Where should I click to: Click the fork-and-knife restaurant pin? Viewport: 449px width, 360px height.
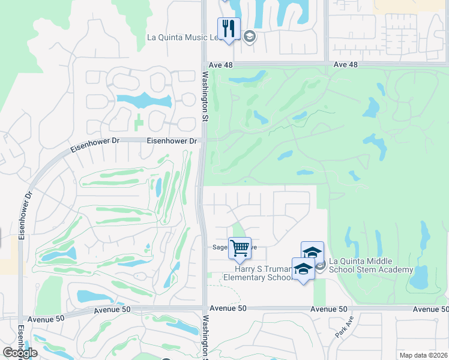[229, 29]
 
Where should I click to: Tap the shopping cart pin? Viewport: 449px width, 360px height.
[240, 248]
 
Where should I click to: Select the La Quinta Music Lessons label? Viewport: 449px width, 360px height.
[193, 37]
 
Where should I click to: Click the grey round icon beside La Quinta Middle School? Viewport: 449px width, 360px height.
[321, 265]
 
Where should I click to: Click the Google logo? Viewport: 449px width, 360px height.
[20, 353]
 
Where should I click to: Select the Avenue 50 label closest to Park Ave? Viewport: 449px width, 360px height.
[328, 308]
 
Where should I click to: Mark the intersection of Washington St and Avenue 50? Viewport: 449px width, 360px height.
[204, 308]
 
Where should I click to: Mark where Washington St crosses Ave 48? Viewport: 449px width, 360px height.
[204, 64]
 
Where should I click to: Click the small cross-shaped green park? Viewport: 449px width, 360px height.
[139, 122]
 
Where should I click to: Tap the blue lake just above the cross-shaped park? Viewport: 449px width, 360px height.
[143, 100]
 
